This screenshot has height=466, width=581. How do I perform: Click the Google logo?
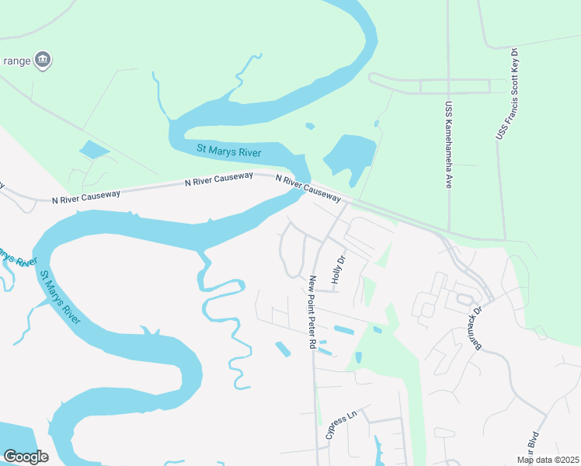tap(25, 457)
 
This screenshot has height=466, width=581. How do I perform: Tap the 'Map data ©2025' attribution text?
tap(548, 460)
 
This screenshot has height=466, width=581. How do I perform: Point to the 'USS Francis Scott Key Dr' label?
tap(507, 94)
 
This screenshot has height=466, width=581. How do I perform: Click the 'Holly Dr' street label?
tap(338, 270)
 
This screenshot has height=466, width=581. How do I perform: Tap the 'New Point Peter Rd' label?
tap(312, 311)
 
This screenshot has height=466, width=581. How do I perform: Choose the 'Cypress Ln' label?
tap(340, 424)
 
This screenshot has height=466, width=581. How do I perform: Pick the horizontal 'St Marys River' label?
tap(228, 150)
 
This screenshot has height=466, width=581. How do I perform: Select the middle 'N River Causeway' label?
tap(218, 179)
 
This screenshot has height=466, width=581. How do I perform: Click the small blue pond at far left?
tap(94, 149)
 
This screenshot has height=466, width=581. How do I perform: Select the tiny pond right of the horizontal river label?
tap(310, 126)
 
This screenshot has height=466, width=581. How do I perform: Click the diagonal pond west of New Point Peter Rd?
tap(283, 349)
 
